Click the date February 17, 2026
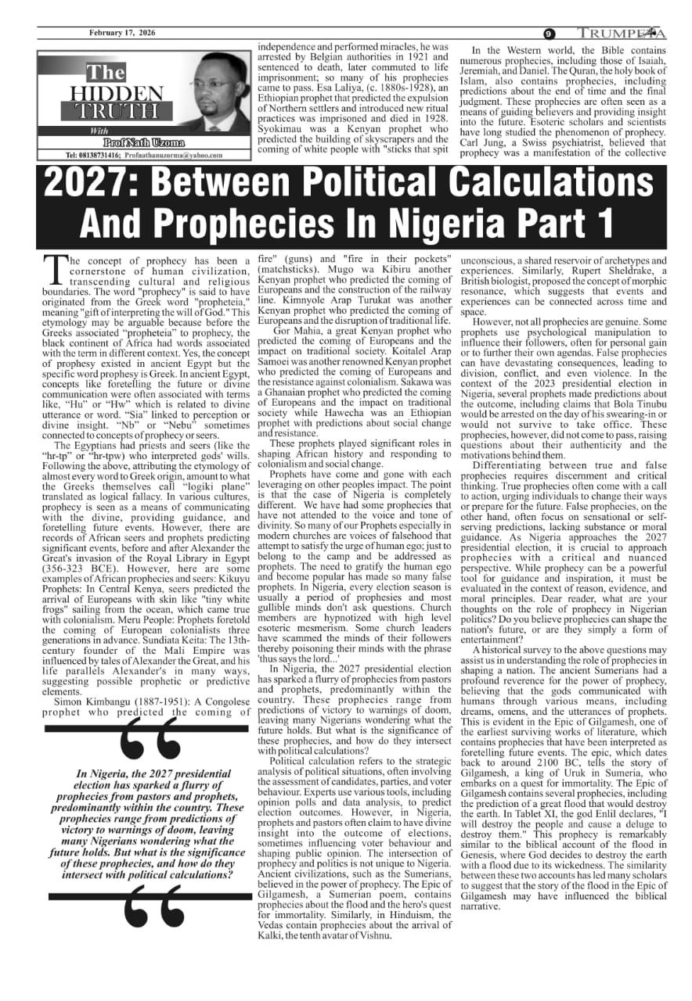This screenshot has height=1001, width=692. click(121, 33)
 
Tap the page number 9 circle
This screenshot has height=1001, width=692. click(550, 34)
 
